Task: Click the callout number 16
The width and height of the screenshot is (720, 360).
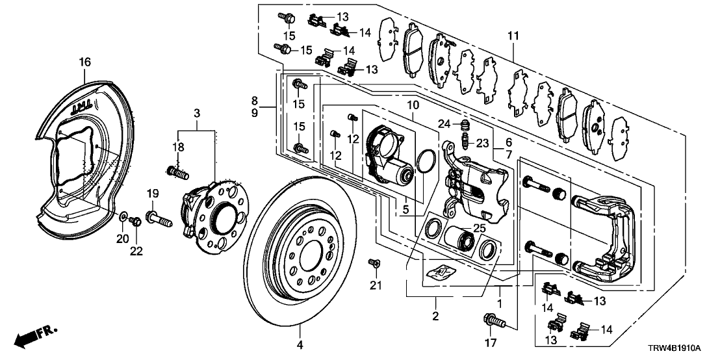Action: click(84, 62)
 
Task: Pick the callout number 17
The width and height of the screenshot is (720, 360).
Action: click(491, 342)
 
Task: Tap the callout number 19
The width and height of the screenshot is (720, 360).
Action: click(152, 193)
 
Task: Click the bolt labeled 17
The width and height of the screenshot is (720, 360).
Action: click(491, 320)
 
